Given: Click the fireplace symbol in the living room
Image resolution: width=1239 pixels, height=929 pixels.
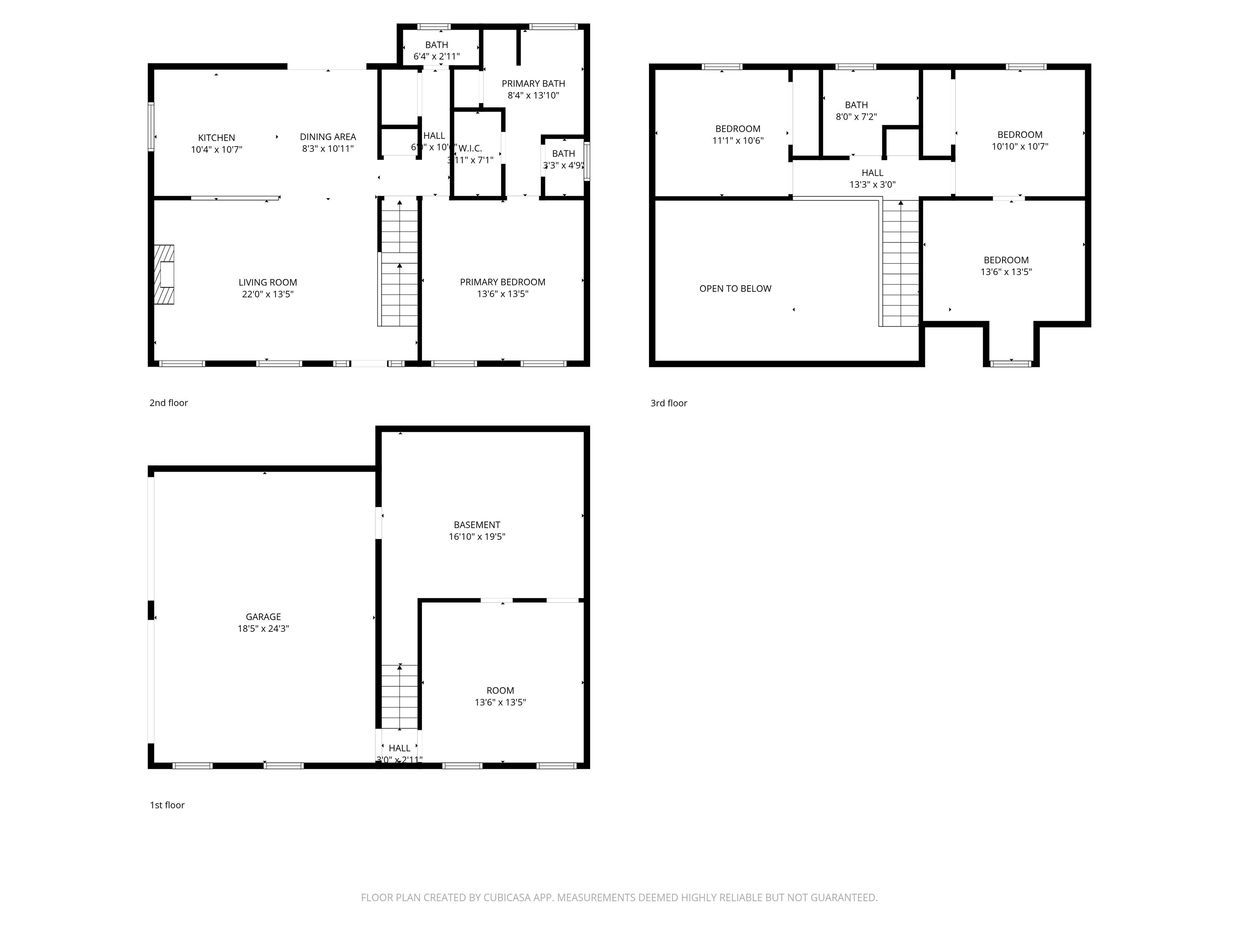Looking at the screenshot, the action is tap(164, 275).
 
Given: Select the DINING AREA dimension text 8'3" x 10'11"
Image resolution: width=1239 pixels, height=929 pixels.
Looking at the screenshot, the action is tap(327, 149).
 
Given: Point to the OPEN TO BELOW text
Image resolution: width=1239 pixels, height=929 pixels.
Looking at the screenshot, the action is tap(735, 288).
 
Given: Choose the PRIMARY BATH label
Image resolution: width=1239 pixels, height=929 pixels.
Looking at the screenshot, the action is tap(533, 83).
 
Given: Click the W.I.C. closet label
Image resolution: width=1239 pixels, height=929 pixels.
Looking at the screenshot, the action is tap(471, 148).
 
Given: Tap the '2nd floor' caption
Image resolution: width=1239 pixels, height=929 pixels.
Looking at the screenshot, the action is tap(168, 403).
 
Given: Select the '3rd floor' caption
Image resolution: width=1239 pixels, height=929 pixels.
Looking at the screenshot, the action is tap(668, 403).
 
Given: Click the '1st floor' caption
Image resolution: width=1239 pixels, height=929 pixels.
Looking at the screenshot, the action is tap(166, 805).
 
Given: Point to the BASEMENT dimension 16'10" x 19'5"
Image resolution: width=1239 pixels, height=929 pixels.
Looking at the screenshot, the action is tap(477, 536).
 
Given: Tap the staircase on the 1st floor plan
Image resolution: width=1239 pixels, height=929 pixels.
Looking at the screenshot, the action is tap(399, 697).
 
